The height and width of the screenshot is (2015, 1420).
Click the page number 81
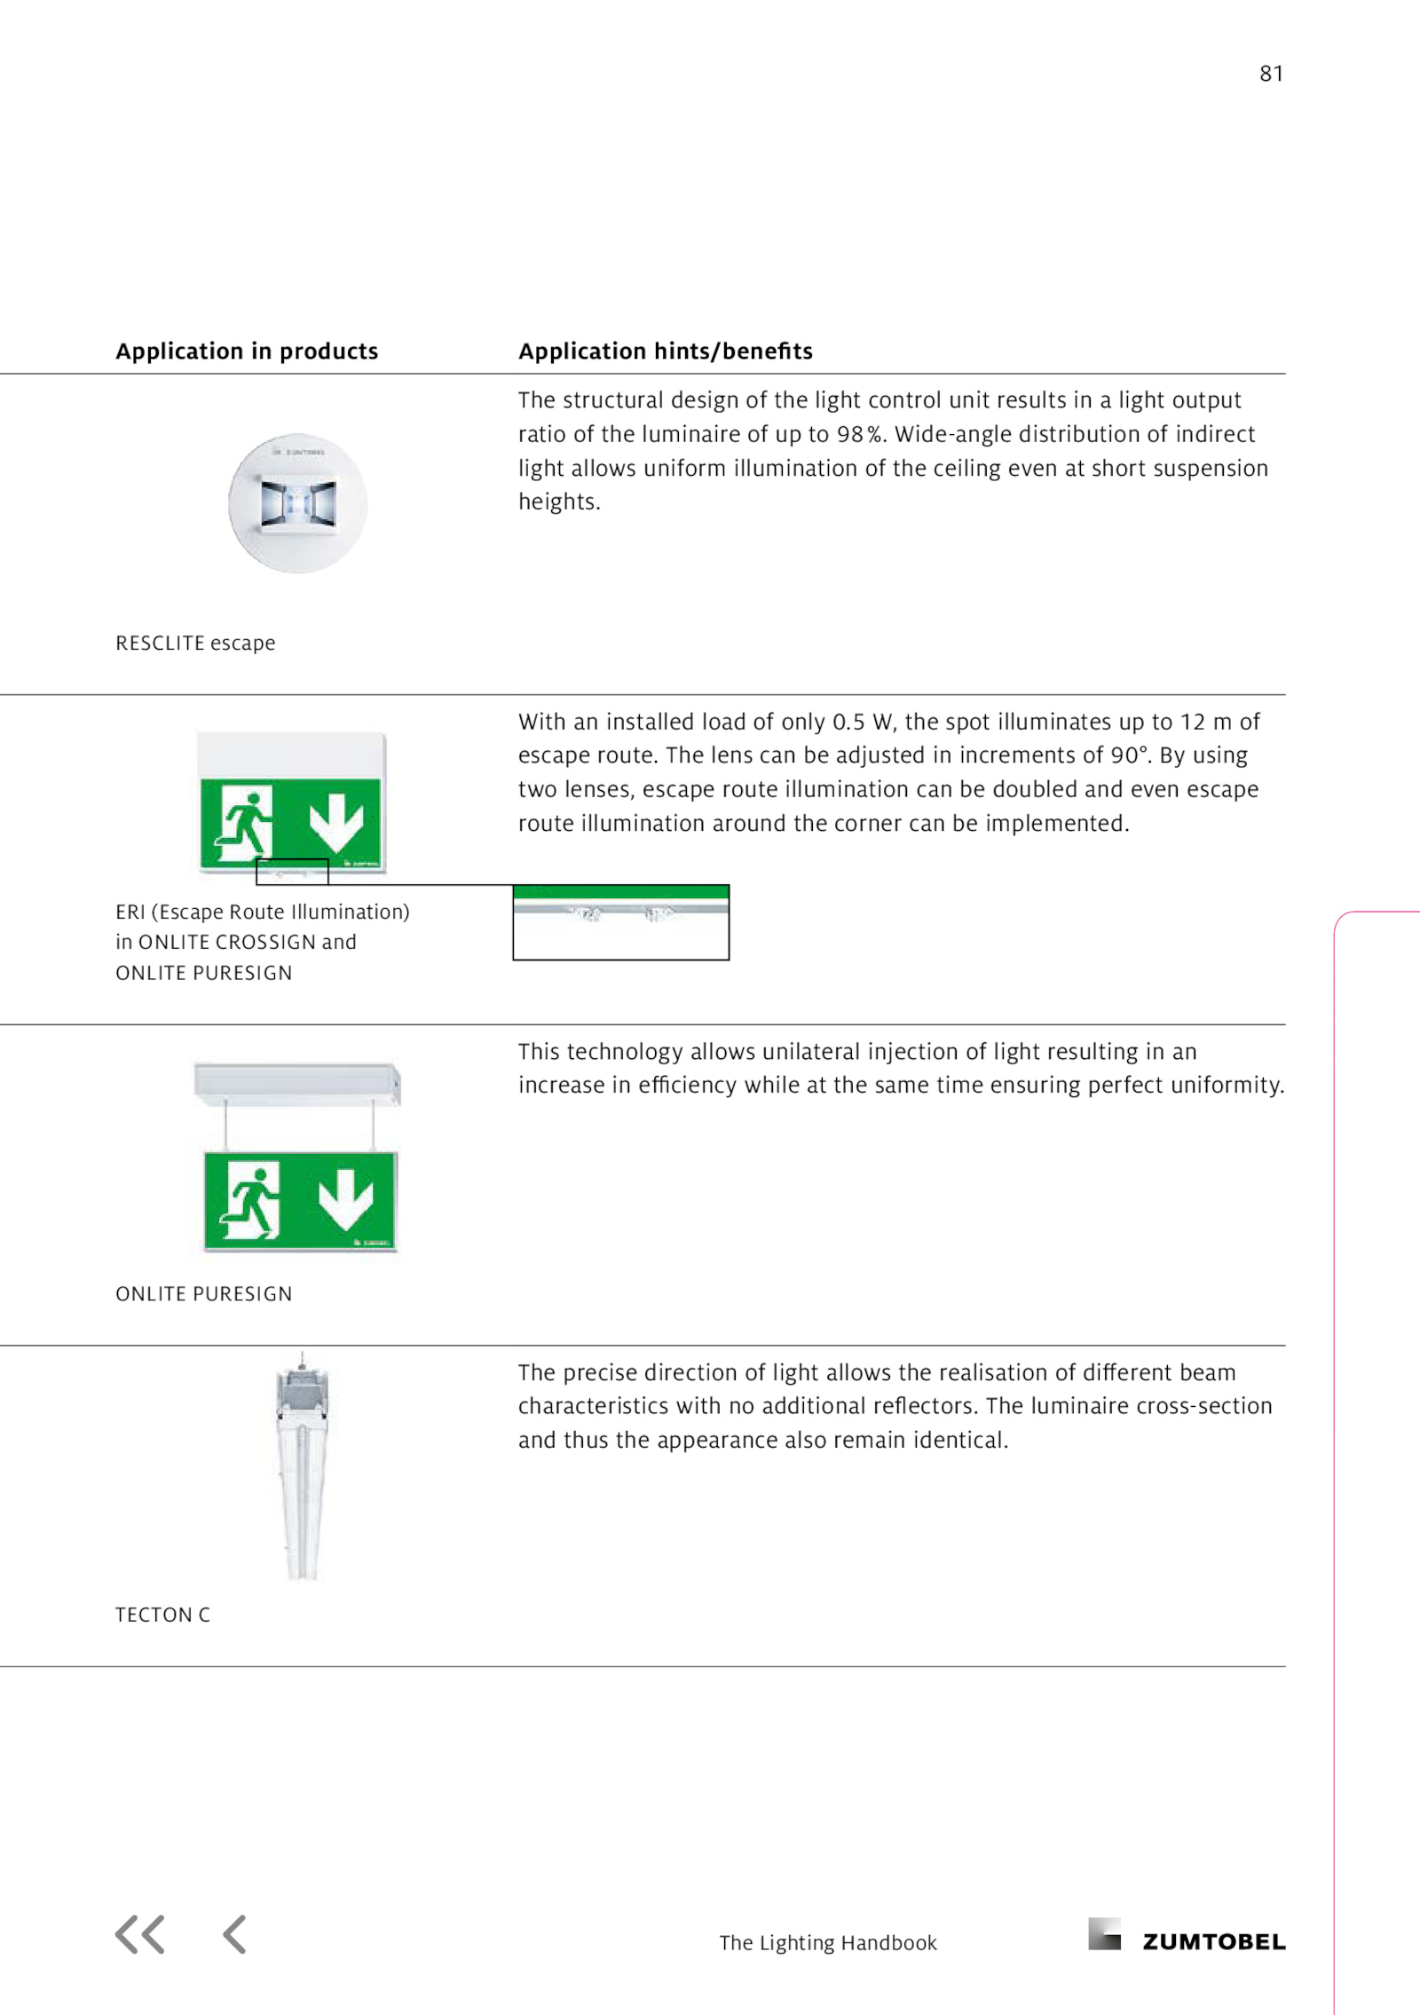click(1271, 74)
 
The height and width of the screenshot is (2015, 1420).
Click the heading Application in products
click(247, 352)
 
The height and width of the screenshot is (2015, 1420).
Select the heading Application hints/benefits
click(665, 352)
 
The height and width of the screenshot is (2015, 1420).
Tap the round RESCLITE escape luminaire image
click(297, 503)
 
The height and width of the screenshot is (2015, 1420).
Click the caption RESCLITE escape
click(195, 643)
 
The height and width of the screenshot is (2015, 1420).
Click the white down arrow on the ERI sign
click(336, 821)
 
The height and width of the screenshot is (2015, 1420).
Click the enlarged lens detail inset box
click(620, 922)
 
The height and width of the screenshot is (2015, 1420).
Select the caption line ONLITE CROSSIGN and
click(236, 942)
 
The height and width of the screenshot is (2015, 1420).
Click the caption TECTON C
click(162, 1615)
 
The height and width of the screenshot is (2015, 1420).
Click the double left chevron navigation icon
click(140, 1935)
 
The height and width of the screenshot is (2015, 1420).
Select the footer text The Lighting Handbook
click(827, 1943)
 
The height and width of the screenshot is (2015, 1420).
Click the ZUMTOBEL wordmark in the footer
click(1213, 1942)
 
